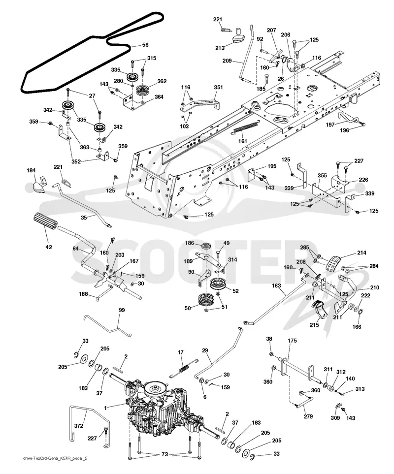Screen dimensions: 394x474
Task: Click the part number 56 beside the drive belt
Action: (x=145, y=45)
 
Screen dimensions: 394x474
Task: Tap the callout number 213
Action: (x=220, y=48)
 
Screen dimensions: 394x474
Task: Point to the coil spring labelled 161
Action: (x=246, y=128)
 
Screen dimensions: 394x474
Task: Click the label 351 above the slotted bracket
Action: (x=218, y=87)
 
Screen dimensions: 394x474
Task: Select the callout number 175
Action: (x=292, y=341)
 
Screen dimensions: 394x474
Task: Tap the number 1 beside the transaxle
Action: (x=105, y=408)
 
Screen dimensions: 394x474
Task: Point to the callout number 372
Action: (x=79, y=426)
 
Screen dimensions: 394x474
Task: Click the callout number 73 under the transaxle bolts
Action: (x=164, y=455)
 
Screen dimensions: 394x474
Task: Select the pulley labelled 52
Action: (x=219, y=284)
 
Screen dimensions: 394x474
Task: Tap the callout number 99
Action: (x=122, y=310)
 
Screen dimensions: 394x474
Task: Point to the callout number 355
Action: (x=322, y=175)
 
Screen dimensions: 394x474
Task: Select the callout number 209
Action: (x=227, y=61)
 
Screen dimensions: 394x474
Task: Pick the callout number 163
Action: (x=276, y=285)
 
